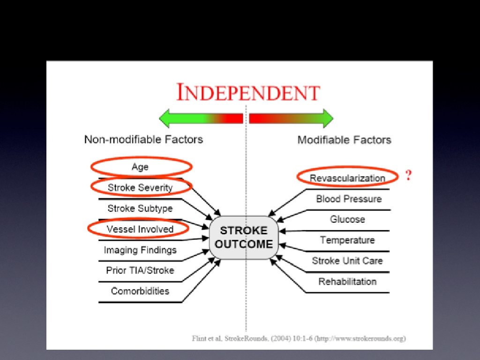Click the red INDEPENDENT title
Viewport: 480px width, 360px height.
tap(248, 92)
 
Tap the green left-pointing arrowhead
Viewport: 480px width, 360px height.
tap(166, 118)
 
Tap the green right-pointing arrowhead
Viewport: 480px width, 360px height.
tap(326, 118)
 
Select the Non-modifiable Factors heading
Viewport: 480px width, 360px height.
tap(143, 139)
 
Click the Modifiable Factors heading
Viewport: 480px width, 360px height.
tap(344, 140)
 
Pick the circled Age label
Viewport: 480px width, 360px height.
tap(140, 167)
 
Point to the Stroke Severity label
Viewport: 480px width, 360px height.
tap(140, 187)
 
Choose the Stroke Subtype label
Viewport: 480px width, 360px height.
tap(140, 208)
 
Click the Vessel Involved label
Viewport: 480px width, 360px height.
tap(140, 229)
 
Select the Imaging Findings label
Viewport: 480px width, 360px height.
tap(140, 250)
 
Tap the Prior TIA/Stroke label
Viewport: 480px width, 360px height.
tap(140, 270)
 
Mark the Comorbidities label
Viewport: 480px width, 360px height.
tap(140, 291)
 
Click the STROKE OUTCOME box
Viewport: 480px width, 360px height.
tap(244, 237)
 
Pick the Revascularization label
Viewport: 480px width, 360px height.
tap(347, 178)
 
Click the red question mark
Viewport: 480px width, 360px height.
tap(408, 176)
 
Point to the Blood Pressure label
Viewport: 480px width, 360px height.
tap(349, 199)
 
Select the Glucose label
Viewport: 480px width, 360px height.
tap(347, 219)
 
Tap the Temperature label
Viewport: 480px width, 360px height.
tap(347, 240)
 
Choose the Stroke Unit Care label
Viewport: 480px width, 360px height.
tap(347, 261)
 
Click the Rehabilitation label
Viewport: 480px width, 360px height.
tap(347, 281)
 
